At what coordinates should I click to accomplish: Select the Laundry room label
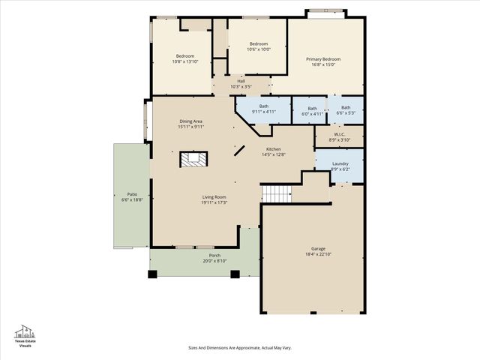click(340, 163)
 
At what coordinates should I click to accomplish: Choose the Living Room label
click(214, 197)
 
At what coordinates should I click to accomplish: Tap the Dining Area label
click(191, 121)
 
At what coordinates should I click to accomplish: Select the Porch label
click(214, 256)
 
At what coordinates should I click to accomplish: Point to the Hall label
click(241, 81)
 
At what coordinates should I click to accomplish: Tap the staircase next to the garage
click(276, 193)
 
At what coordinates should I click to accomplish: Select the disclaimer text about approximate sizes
click(239, 348)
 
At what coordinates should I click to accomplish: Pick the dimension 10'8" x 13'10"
click(186, 61)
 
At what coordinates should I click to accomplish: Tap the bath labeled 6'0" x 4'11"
click(312, 113)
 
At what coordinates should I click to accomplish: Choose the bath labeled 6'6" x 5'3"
click(346, 112)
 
